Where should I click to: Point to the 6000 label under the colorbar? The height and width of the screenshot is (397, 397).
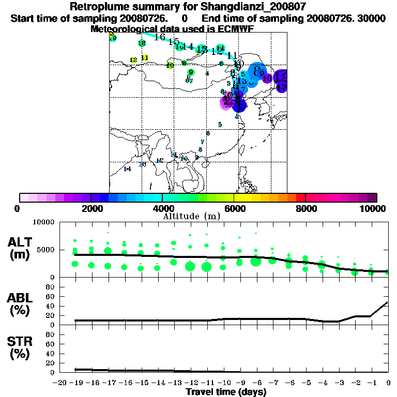tap(234, 208)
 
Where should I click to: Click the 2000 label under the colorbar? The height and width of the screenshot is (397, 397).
tap(91, 208)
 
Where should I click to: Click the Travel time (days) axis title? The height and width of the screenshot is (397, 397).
tap(226, 392)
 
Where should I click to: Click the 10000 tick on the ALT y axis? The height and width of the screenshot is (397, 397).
tap(43, 222)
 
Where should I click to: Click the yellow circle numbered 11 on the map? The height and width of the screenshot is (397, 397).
tap(145, 58)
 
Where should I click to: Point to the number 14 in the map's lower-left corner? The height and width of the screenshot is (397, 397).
tap(128, 169)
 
